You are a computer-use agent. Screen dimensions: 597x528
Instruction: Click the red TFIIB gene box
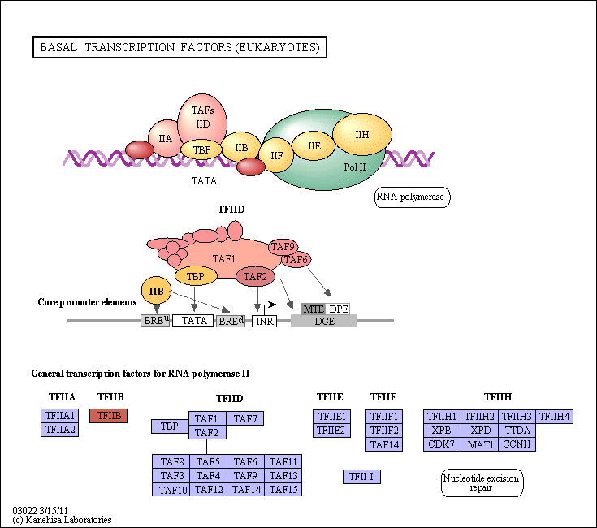(x=109, y=416)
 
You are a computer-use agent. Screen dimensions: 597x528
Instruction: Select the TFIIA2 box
(x=60, y=430)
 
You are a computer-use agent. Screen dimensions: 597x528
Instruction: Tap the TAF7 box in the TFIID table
(x=244, y=418)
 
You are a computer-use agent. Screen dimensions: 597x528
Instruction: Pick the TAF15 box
(x=283, y=489)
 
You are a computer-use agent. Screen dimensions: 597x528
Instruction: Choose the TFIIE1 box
(x=331, y=417)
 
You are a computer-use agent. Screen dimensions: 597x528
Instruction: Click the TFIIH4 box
(x=554, y=417)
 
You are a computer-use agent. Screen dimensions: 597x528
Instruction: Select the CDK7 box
(x=442, y=444)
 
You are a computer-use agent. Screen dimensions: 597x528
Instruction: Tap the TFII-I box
(x=361, y=477)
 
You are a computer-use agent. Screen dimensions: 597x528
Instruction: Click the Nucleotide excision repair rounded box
(x=482, y=483)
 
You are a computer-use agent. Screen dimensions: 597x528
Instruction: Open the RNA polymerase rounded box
(x=413, y=197)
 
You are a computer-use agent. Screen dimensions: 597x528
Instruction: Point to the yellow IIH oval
(x=362, y=134)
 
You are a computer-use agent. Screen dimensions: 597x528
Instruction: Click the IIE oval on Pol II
(x=314, y=145)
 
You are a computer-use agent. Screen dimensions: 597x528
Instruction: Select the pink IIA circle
(x=165, y=138)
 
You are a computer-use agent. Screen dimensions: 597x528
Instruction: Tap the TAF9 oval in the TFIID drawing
(x=283, y=247)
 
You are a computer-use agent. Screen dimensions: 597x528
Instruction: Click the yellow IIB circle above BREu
(x=156, y=291)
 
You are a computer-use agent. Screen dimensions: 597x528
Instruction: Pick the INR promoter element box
(x=264, y=322)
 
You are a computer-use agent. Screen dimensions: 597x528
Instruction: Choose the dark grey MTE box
(x=313, y=309)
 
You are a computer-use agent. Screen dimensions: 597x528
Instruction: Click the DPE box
(x=338, y=309)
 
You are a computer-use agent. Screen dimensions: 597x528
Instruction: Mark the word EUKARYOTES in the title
(x=277, y=47)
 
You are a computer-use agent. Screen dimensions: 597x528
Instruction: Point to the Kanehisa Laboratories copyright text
(x=68, y=520)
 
